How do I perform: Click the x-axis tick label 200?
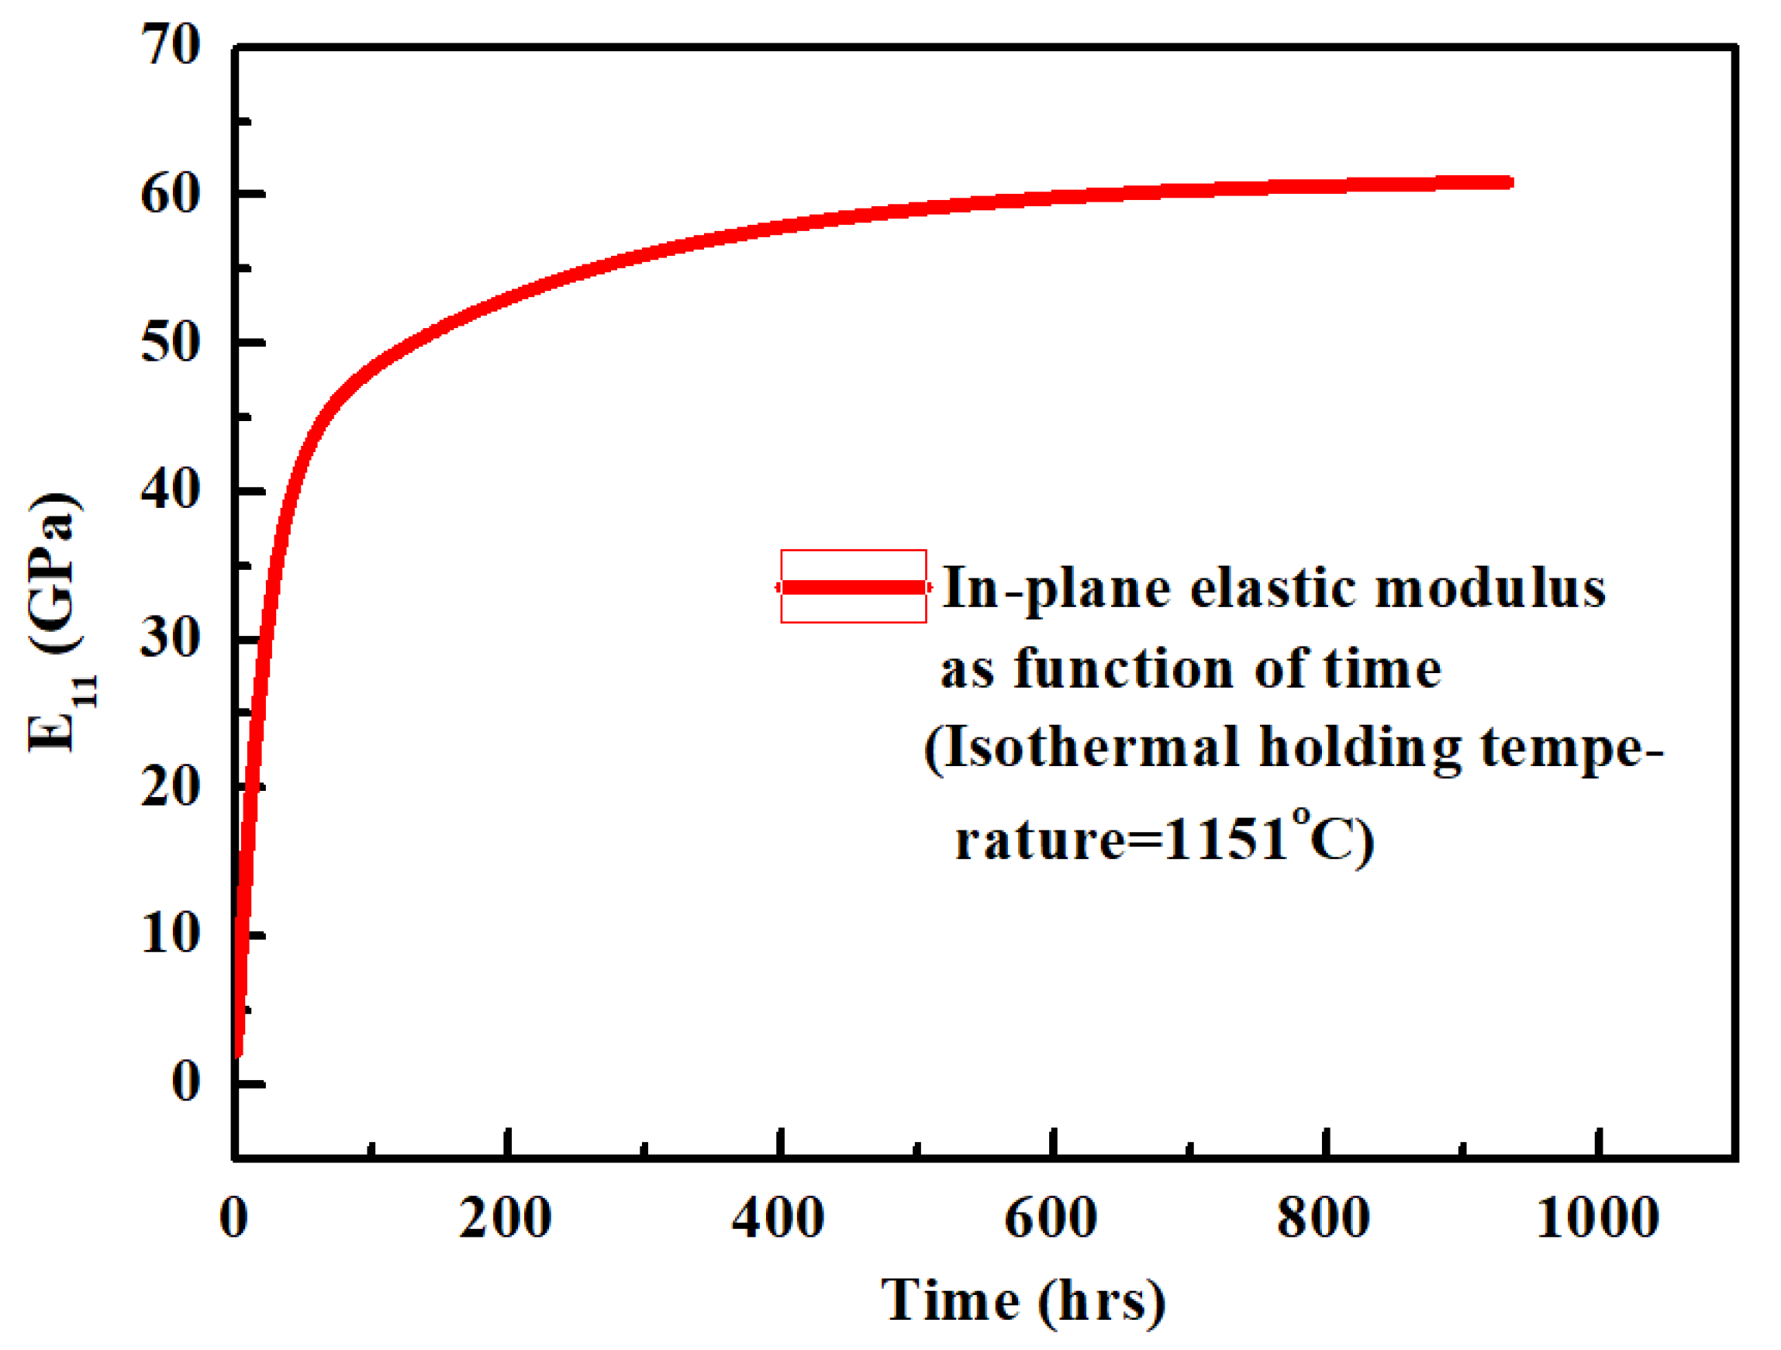point(506,1218)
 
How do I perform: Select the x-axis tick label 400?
point(778,1218)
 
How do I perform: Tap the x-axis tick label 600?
point(1051,1218)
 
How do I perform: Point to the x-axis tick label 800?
point(1324,1218)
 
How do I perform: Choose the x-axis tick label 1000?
point(1598,1218)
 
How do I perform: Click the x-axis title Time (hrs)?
point(1023,1301)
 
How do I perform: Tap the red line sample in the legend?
point(854,587)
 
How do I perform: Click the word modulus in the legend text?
point(1491,589)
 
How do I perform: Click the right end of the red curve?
point(1510,183)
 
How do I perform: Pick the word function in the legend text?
point(1123,669)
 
